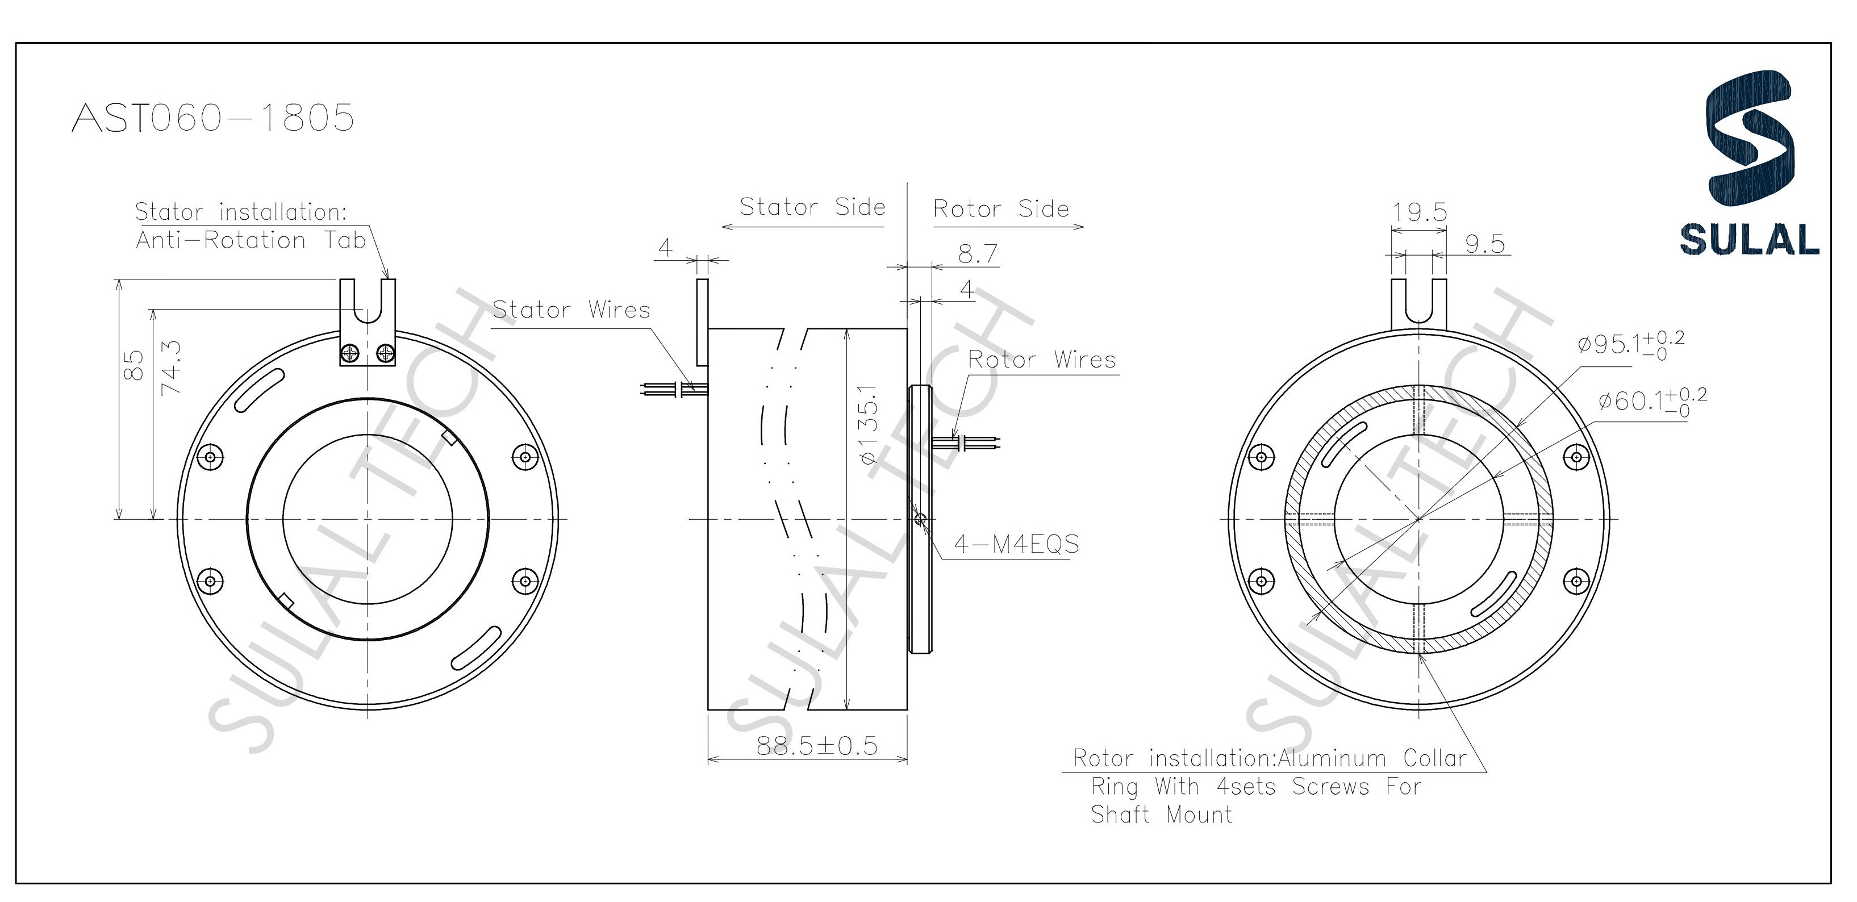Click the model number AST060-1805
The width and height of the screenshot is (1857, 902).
(214, 118)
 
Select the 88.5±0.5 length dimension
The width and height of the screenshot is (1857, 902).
(817, 746)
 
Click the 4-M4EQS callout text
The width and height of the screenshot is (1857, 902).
(1016, 544)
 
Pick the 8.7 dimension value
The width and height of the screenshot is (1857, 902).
(978, 254)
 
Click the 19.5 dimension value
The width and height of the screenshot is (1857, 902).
(1418, 212)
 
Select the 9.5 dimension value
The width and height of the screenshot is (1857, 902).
(1485, 244)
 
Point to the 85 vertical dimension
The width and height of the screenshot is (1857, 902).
(134, 365)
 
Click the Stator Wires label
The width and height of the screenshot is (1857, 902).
(571, 310)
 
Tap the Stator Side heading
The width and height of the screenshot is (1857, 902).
(812, 207)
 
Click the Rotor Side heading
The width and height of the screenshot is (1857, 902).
(1000, 209)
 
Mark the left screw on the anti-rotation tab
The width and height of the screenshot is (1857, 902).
(350, 353)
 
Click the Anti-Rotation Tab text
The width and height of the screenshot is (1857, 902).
(251, 240)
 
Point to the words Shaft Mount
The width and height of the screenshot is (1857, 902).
(1161, 815)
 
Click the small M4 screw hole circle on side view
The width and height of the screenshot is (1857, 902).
(920, 519)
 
